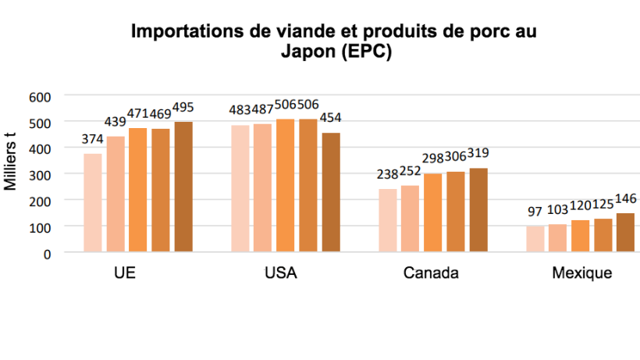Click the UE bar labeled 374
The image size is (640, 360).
click(x=93, y=203)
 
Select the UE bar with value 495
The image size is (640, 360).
click(x=183, y=187)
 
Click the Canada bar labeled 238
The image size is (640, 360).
click(x=388, y=220)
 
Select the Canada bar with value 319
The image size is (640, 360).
click(x=478, y=210)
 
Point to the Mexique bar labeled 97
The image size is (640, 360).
click(x=535, y=239)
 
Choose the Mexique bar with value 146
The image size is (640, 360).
click(x=625, y=233)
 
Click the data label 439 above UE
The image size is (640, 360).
click(x=116, y=122)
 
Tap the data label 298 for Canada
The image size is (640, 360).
click(x=433, y=159)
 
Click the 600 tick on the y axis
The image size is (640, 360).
click(x=40, y=96)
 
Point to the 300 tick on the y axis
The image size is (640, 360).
click(x=40, y=174)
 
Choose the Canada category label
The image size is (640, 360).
click(x=431, y=274)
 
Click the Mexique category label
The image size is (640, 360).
click(x=581, y=274)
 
